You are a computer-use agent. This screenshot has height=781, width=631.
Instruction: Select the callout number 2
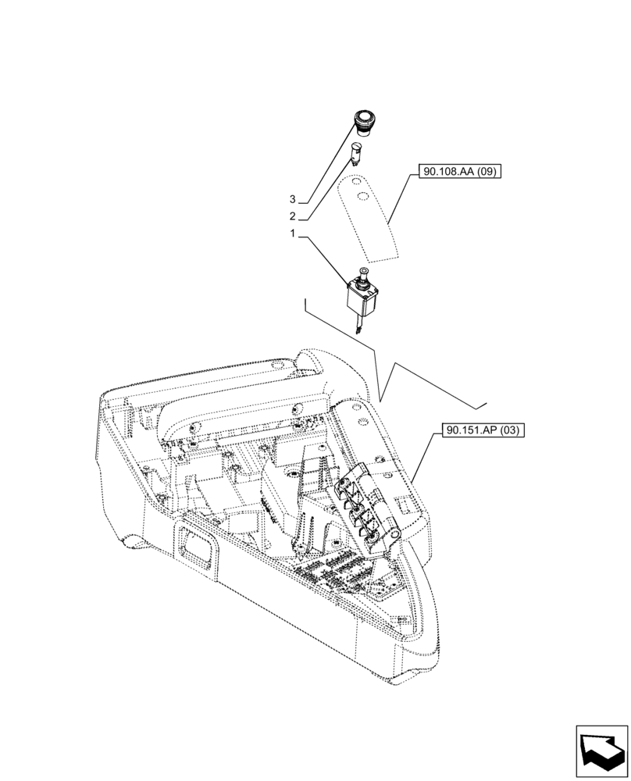(x=292, y=216)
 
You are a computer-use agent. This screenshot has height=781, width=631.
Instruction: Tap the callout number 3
(x=292, y=200)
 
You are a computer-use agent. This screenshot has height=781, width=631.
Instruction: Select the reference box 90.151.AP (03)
(x=484, y=429)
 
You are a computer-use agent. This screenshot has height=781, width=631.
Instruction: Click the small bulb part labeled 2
(x=357, y=151)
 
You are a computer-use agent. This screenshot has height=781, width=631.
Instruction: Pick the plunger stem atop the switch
(x=362, y=273)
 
